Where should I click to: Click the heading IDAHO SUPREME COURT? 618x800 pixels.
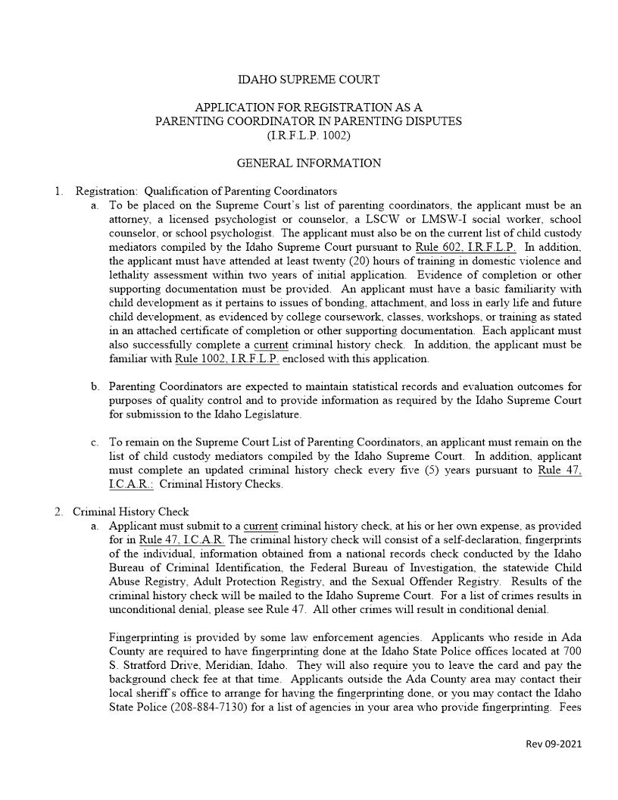(x=308, y=80)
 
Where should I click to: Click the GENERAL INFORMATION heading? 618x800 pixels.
(x=308, y=163)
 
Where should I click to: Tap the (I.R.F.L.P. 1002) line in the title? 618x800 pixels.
(x=308, y=136)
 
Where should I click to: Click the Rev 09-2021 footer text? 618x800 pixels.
(x=554, y=744)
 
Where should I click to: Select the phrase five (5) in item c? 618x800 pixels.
(x=430, y=470)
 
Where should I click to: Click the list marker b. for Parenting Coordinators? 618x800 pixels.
(x=95, y=386)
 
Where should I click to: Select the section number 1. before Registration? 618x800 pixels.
(x=58, y=191)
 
